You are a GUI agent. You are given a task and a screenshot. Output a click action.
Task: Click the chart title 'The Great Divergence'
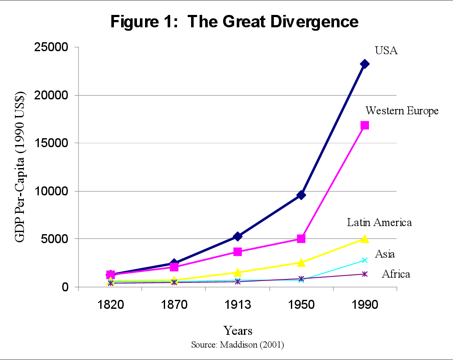235,21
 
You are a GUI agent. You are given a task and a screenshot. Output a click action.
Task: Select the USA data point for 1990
365,64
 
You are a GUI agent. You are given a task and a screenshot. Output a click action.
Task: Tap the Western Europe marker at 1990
365,125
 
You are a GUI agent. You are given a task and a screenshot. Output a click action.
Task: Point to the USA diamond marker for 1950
301,195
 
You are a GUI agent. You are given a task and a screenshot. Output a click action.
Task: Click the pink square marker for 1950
301,239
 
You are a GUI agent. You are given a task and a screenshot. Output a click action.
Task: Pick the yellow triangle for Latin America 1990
365,239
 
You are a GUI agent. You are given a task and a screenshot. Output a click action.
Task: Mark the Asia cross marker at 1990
365,260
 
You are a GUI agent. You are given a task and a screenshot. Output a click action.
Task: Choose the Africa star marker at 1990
365,274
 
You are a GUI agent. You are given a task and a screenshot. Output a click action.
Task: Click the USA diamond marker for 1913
238,236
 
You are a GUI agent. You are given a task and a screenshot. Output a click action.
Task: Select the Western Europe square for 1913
238,252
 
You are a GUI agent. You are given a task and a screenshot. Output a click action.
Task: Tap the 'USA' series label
386,50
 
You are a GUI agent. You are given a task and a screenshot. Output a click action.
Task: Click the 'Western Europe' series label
402,111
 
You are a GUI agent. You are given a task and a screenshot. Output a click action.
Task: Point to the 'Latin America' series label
379,222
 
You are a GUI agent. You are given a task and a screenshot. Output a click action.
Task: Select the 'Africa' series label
396,274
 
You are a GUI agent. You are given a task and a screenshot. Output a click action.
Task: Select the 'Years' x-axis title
238,331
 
